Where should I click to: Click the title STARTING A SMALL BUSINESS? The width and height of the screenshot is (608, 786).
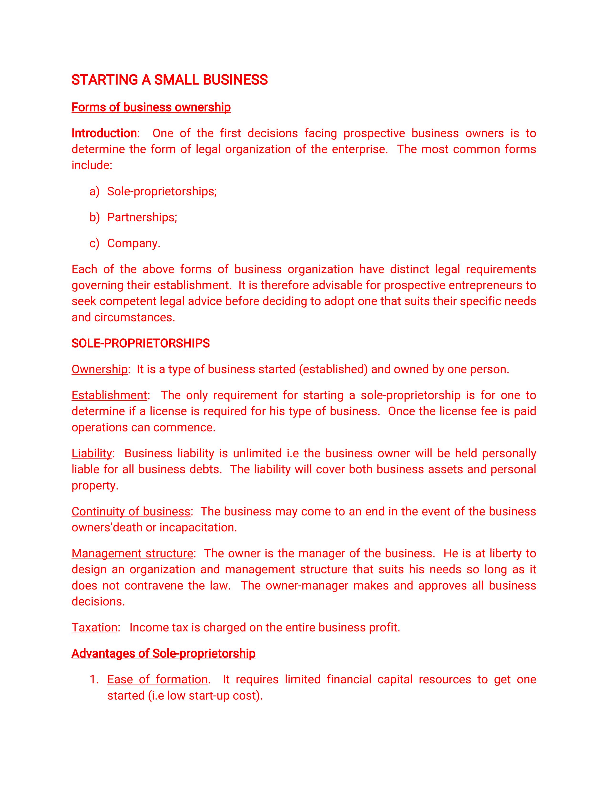(x=169, y=80)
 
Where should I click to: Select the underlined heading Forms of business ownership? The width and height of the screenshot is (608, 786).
(x=151, y=107)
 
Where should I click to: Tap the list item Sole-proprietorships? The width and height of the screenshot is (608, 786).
(x=162, y=191)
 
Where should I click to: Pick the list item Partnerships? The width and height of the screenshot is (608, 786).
(x=142, y=217)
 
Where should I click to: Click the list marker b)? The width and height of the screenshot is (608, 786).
(x=94, y=217)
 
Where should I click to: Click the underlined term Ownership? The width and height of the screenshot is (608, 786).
(x=99, y=369)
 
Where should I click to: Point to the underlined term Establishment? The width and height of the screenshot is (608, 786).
(x=109, y=395)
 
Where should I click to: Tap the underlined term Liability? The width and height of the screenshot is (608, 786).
(x=92, y=453)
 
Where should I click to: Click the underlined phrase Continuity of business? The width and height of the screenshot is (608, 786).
(x=131, y=511)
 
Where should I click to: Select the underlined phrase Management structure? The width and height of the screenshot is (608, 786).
(x=132, y=553)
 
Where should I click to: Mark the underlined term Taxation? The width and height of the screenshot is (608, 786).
(x=94, y=627)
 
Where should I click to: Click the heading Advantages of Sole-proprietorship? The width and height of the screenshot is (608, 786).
(x=163, y=653)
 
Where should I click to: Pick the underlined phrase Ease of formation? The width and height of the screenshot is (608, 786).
(x=157, y=680)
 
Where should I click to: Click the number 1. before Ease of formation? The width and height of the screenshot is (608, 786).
(x=94, y=680)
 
